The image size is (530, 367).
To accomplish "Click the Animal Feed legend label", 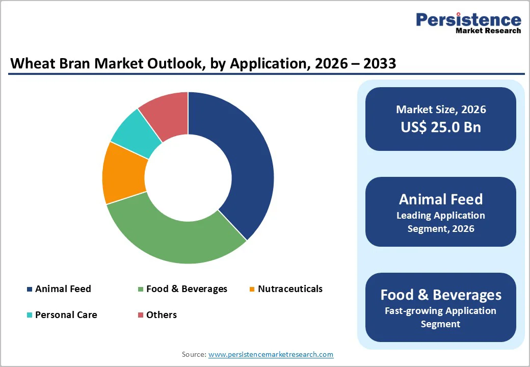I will [63, 289].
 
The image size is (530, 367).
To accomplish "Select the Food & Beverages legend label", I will [187, 289].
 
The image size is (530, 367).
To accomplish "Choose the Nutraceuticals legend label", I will [290, 289].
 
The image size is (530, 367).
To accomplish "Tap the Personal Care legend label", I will [66, 315].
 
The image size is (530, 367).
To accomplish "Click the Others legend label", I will [162, 315].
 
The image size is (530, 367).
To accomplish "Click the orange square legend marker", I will [252, 290].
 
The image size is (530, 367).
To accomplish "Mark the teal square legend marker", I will [30, 316].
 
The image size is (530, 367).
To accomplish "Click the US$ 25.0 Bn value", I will [440, 127].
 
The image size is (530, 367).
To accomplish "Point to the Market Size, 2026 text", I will [440, 110].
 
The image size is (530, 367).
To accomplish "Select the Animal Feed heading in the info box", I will [440, 199].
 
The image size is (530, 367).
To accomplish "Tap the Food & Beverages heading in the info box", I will [440, 295].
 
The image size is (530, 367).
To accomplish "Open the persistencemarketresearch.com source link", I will [271, 354].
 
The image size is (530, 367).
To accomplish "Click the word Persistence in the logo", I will [468, 20].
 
